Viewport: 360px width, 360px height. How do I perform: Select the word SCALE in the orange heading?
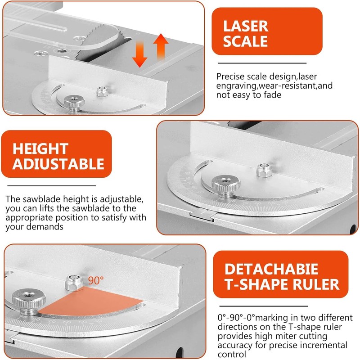246,41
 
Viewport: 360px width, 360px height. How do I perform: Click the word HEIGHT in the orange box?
40,148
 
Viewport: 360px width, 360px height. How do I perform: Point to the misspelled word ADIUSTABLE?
58,164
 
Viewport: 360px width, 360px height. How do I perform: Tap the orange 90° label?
95,280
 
